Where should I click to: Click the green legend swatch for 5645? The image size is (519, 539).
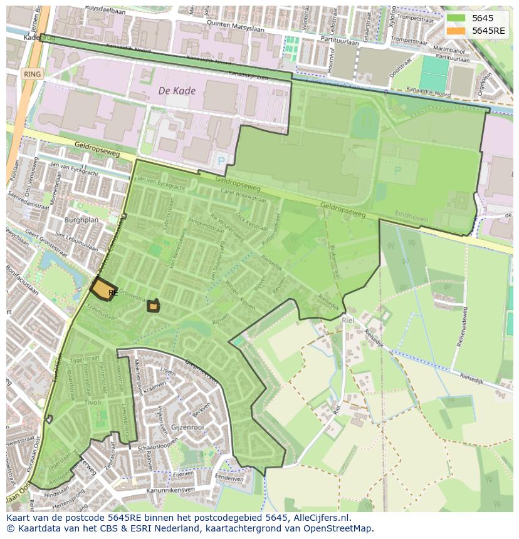[456, 18]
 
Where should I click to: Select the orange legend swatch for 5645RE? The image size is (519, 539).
[456, 31]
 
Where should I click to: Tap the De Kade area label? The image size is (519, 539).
[177, 91]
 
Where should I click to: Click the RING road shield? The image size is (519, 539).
[31, 74]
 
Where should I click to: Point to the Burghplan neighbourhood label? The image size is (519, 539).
[81, 220]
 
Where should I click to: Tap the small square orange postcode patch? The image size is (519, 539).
[153, 306]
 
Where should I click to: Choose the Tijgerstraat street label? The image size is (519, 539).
[86, 361]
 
